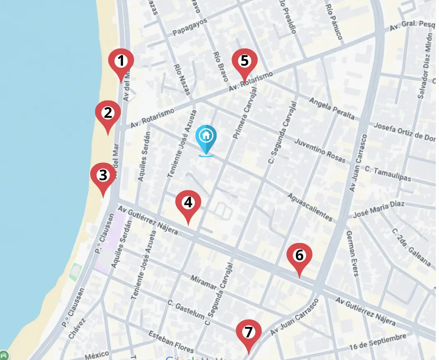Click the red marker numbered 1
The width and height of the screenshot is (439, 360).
pos(121,62)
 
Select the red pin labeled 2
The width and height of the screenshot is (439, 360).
pos(108,114)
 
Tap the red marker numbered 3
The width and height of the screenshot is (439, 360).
pos(103,176)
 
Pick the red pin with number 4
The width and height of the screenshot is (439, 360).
pos(188,203)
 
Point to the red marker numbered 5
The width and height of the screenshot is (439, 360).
pos(245,62)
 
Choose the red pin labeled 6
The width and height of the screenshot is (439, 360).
pos(300,256)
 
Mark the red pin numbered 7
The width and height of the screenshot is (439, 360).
pos(249,332)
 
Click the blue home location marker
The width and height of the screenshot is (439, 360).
pos(206,136)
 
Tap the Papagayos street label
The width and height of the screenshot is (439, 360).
pos(190,27)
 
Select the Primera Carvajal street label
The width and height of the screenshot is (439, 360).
pos(246,112)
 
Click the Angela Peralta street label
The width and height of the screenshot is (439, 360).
pos(332,108)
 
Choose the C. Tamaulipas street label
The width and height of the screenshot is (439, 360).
pos(388,174)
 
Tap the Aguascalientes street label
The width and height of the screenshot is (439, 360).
pos(310,207)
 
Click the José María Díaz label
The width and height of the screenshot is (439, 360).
pos(379,210)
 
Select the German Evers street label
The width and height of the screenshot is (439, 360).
pos(352,253)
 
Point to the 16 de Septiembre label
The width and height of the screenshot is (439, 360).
pos(377,342)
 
